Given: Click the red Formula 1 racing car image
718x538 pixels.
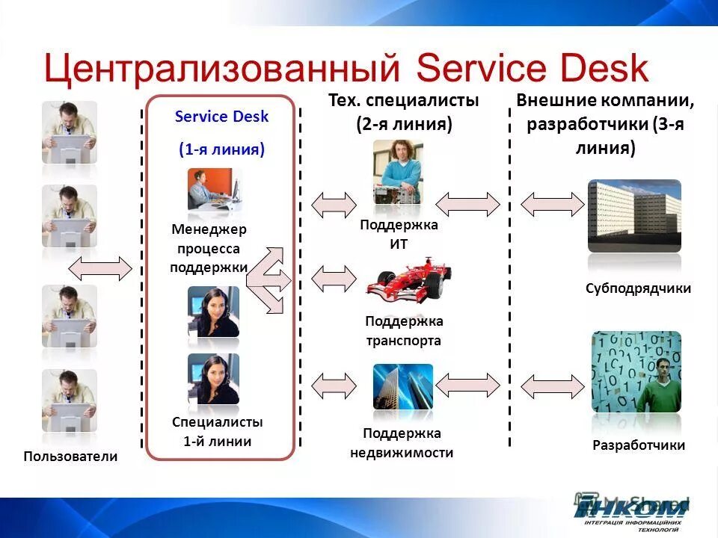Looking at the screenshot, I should pos(409,282).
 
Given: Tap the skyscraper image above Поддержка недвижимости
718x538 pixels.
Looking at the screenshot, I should pos(402,387).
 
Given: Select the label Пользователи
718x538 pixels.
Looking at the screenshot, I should pos(70,456).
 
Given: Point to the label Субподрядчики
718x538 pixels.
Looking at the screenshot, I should pos(638,288).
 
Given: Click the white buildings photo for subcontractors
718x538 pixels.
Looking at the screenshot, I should pos(635,215).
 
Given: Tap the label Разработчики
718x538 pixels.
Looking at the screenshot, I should pos(638,445).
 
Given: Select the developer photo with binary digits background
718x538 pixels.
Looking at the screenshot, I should pos(636,372).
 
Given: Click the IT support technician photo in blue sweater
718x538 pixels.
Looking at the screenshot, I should pos(398,173).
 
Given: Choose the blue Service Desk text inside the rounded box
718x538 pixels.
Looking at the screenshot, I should pos(221,117).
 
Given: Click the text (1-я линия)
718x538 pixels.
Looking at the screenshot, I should pos(221,149).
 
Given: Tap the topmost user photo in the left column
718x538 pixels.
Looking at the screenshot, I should pos(70,132).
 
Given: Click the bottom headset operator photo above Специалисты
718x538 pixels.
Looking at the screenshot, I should pos(213,379).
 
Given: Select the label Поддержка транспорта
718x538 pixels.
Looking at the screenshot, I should pos(403,331).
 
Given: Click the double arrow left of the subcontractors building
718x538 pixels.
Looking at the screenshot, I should pos(552,204).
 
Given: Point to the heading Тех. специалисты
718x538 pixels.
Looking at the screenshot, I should pos(403,100).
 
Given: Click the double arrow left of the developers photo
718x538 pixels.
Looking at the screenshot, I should pos(552,386).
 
